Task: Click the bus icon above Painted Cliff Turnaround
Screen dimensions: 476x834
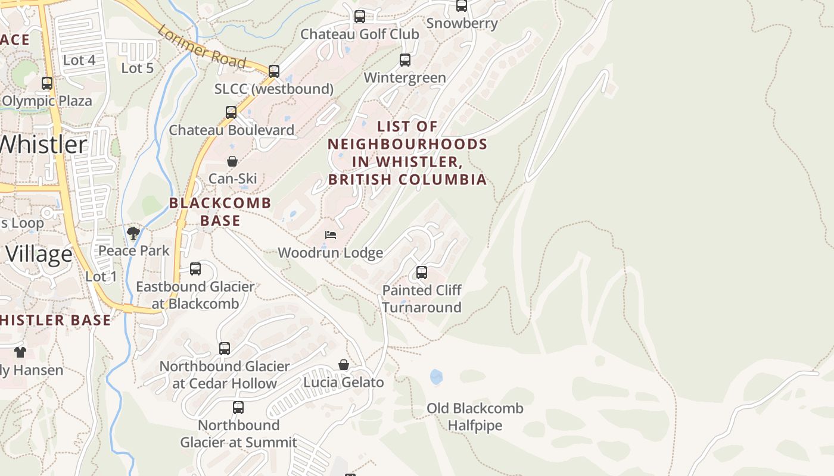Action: click(422, 273)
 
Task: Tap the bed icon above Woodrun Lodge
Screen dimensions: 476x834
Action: click(331, 235)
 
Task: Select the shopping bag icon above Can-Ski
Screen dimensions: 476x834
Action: click(232, 161)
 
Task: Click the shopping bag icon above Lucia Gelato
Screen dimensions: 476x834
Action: click(344, 365)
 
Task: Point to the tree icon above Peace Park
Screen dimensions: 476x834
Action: click(133, 233)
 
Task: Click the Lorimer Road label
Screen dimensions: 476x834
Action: click(202, 46)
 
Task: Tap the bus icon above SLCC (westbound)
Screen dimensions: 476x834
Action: click(274, 71)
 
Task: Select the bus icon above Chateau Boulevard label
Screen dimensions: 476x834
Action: click(231, 112)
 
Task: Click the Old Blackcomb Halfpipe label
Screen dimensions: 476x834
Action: click(475, 416)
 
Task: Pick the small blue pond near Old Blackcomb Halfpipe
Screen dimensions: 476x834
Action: click(436, 377)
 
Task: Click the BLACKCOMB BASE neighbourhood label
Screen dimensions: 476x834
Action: click(220, 211)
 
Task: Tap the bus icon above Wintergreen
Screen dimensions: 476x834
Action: click(405, 60)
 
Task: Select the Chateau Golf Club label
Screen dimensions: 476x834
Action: click(359, 34)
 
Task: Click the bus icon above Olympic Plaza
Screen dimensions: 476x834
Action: click(47, 83)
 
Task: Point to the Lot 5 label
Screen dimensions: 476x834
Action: click(138, 68)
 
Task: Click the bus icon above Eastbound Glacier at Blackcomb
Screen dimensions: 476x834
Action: click(195, 269)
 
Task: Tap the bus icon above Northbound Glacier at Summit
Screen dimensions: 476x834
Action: click(238, 408)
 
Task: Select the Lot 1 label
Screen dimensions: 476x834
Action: click(101, 276)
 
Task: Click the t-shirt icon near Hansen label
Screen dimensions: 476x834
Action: click(20, 352)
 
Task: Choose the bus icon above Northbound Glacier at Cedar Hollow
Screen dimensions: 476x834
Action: click(225, 349)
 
